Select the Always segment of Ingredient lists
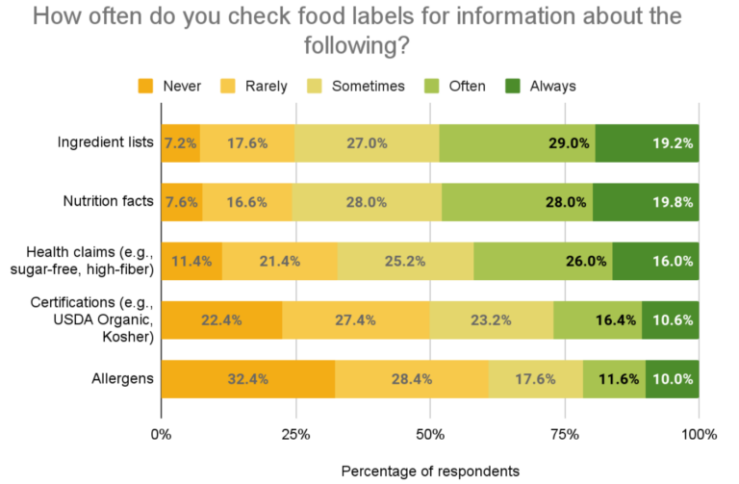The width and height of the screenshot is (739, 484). [647, 143]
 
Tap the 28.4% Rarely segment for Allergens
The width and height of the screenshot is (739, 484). [411, 379]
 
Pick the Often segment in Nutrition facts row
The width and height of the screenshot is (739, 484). [517, 202]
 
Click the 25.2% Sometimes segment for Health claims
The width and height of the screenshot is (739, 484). [405, 261]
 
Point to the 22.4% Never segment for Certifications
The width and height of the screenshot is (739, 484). [221, 319]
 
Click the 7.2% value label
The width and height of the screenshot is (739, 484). [180, 143]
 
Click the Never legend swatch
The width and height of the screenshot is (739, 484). [146, 86]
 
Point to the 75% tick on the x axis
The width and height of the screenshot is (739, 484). [565, 434]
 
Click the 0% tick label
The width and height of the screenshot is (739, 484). [161, 434]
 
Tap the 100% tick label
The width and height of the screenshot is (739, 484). [699, 434]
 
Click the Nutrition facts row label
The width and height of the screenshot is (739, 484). [108, 202]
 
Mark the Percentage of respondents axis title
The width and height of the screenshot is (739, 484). [430, 471]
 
